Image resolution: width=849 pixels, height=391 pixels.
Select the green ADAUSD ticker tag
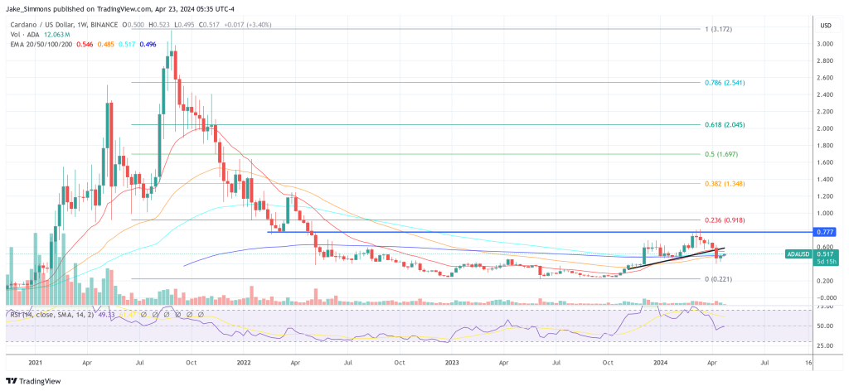coord(801,254)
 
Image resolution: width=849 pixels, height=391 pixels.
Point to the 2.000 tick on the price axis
coord(826,128)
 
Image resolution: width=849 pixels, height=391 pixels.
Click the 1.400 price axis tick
coord(826,179)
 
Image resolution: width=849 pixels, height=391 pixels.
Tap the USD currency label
coord(826,26)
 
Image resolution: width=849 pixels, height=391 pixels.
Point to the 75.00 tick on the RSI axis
coord(826,306)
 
